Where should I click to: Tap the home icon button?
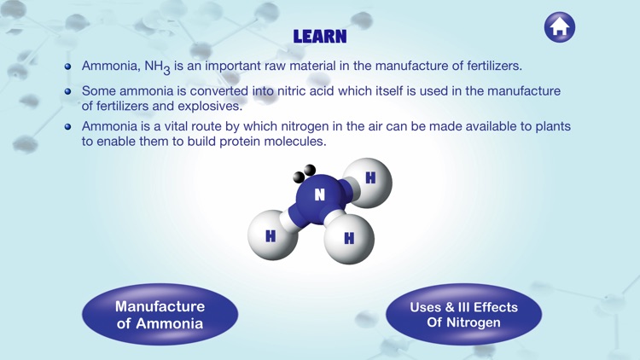click(x=560, y=27)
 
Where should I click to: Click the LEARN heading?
click(x=320, y=37)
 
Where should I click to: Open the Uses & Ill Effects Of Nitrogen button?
click(x=463, y=315)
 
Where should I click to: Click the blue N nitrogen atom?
click(x=319, y=195)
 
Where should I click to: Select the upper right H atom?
click(x=369, y=179)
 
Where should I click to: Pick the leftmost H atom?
click(x=271, y=235)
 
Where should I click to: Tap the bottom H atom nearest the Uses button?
click(x=349, y=238)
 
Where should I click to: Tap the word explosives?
click(x=210, y=107)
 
